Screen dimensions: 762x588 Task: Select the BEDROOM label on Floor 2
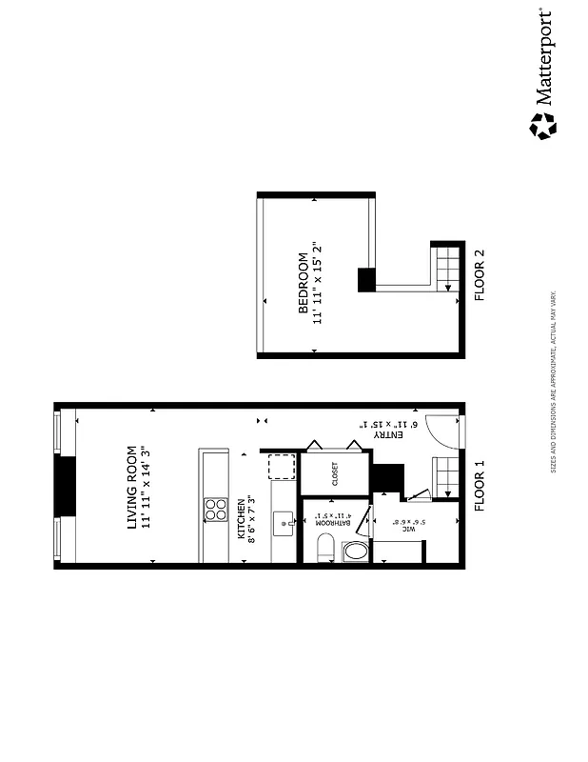(304, 283)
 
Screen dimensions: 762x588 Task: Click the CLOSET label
(335, 474)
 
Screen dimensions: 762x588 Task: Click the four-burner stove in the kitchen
(215, 510)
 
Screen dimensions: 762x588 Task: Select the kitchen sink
(283, 521)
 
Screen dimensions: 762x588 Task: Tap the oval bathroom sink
(354, 551)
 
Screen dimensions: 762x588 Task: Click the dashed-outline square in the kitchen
(282, 467)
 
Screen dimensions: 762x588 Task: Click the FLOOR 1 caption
(480, 487)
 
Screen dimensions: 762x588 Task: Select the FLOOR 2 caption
(480, 275)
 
